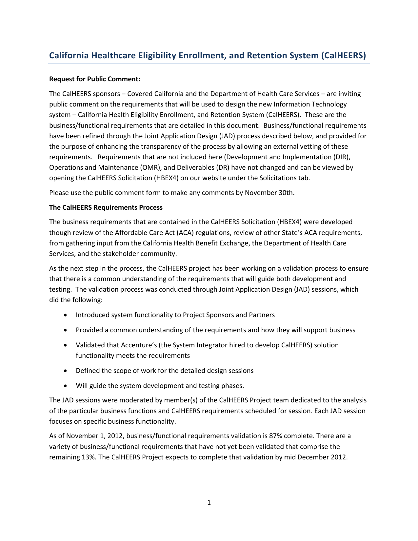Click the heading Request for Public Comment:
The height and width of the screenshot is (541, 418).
(94, 79)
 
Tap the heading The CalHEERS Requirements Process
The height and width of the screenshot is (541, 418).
(106, 207)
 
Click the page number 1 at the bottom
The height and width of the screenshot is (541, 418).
(209, 502)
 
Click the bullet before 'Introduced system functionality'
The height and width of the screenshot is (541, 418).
(67, 315)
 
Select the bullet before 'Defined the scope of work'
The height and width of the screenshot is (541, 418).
(67, 371)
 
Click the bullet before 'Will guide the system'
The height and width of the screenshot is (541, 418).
(67, 386)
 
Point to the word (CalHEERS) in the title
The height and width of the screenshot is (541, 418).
(343, 55)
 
